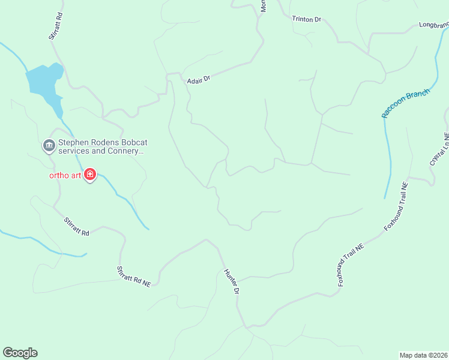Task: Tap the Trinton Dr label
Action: pyautogui.click(x=307, y=19)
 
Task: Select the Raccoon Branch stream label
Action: pyautogui.click(x=406, y=103)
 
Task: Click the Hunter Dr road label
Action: pyautogui.click(x=232, y=281)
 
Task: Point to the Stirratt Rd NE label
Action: pyautogui.click(x=133, y=277)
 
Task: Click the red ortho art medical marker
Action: pyautogui.click(x=90, y=175)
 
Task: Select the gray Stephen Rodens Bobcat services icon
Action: pyautogui.click(x=48, y=146)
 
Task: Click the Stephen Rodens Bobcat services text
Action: pyautogui.click(x=101, y=148)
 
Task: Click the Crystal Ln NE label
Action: pyautogui.click(x=439, y=149)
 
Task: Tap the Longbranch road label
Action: pyautogui.click(x=433, y=25)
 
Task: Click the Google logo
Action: pyautogui.click(x=20, y=353)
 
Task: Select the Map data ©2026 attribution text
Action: pyautogui.click(x=423, y=355)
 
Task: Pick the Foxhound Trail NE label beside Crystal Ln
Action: pyautogui.click(x=396, y=207)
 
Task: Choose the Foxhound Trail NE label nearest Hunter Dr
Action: pyautogui.click(x=351, y=264)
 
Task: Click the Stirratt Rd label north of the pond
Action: pyautogui.click(x=55, y=26)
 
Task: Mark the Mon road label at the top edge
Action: pyautogui.click(x=263, y=6)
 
